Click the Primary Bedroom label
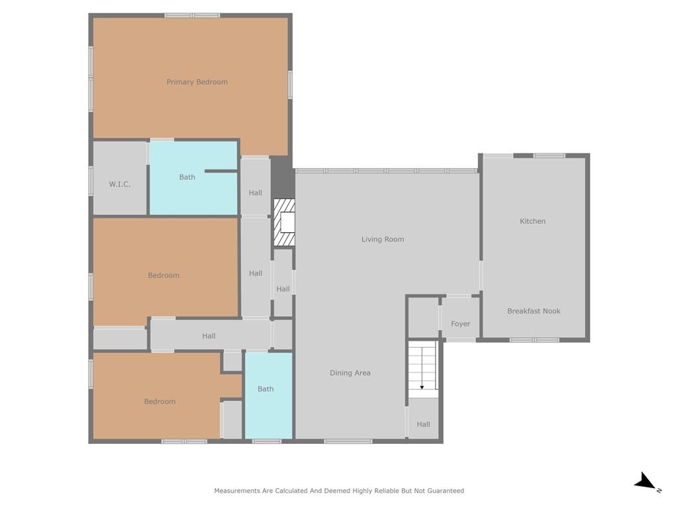tap(197, 82)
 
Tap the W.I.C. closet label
tap(119, 185)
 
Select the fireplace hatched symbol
tap(284, 222)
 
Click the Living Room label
tap(383, 239)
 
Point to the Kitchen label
tap(532, 221)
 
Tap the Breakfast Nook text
tap(534, 311)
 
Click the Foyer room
tap(460, 318)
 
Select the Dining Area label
tap(350, 373)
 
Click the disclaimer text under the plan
tap(339, 491)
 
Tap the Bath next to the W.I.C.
tap(187, 177)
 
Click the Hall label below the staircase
tap(423, 424)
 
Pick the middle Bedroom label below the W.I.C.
tap(164, 275)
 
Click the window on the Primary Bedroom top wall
tap(192, 16)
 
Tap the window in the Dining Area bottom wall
tap(348, 441)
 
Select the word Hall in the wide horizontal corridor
tap(209, 335)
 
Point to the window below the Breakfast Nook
tap(534, 340)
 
